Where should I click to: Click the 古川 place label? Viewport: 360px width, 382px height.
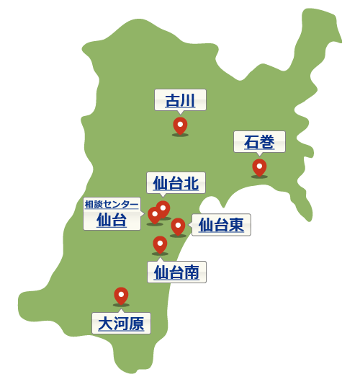[x=180, y=100]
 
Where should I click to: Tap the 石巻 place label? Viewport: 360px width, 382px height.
[x=259, y=142]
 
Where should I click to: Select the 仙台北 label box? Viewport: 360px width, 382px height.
[x=176, y=183]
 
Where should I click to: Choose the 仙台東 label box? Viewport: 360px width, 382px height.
[x=221, y=225]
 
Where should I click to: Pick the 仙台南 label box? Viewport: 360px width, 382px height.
[x=176, y=272]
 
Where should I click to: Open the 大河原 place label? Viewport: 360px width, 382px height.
[x=121, y=323]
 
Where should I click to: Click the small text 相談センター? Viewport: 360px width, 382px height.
[x=112, y=204]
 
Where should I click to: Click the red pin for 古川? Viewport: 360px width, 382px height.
[x=180, y=125]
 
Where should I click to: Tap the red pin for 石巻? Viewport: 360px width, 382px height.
[x=259, y=167]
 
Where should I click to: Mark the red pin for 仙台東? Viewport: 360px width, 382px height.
[x=178, y=226]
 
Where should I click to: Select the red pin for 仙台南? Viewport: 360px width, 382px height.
[x=160, y=244]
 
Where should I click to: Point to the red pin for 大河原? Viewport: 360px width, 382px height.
[x=121, y=296]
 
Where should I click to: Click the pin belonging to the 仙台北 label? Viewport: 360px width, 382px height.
[x=164, y=208]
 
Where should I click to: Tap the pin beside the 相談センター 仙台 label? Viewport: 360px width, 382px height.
[x=154, y=215]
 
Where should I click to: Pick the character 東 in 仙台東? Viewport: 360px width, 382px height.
[x=236, y=225]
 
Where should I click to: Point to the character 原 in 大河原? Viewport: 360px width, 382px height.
[x=136, y=323]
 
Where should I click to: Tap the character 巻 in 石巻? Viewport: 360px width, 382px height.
[x=267, y=142]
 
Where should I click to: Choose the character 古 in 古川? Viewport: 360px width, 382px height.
[x=173, y=100]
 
